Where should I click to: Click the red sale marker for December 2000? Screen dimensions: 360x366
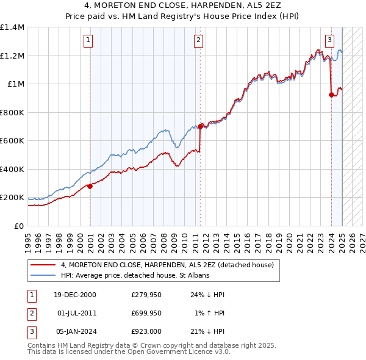click(90, 186)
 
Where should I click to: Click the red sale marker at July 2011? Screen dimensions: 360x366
click(200, 127)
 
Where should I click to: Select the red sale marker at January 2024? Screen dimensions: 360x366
click(332, 95)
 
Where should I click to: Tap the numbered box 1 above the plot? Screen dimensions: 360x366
click(88, 41)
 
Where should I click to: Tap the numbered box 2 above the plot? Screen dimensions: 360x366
click(199, 41)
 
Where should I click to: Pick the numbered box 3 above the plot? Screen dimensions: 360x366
click(329, 41)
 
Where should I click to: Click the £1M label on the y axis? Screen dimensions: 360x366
click(16, 84)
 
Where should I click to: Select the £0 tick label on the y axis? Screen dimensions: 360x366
click(20, 226)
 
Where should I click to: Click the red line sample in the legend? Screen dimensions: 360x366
click(44, 265)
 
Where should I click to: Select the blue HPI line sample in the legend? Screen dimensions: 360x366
click(44, 275)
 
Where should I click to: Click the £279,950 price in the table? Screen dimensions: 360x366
click(145, 295)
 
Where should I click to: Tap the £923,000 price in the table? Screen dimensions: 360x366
click(145, 331)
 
